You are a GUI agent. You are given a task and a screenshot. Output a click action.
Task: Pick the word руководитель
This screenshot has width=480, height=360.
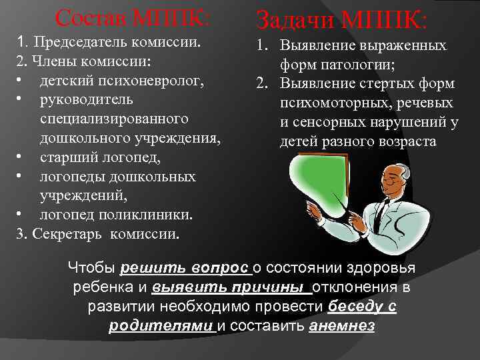click(86, 100)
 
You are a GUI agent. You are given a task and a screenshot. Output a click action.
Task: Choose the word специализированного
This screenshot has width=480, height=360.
click(113, 119)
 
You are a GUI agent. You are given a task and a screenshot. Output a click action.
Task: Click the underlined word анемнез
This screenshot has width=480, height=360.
click(342, 326)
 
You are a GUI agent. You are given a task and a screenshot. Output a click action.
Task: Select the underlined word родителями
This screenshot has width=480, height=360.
click(161, 326)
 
